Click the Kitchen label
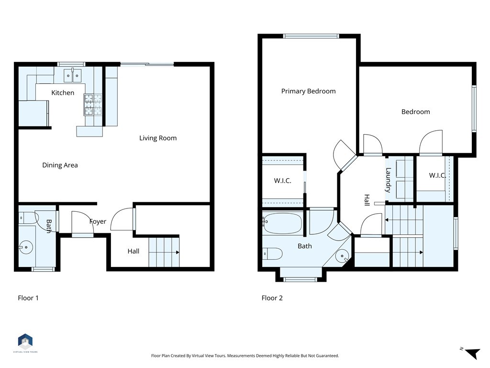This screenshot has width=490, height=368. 63,92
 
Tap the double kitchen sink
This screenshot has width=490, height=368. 73,75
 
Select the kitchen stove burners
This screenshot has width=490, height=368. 93,105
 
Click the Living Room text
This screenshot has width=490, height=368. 158,138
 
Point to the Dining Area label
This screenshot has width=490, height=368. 60,165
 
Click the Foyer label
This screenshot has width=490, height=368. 98,221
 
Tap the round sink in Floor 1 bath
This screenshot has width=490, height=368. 26,248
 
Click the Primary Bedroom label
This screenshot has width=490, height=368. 308,91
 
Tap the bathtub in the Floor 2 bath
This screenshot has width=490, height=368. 282,223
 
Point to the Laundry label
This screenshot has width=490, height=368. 389,179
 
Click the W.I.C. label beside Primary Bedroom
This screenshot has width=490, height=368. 282,181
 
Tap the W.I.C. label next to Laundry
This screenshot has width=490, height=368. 437,175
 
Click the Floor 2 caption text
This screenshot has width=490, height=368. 272,298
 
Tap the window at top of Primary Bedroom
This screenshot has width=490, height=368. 311,36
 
